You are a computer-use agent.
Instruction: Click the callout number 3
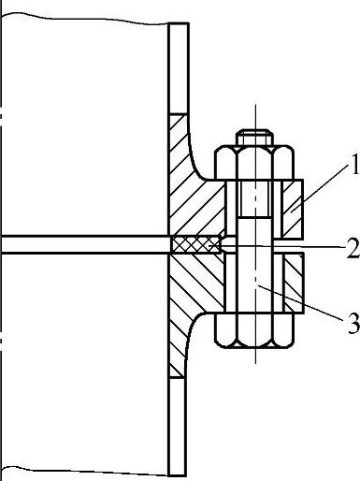coord(353,324)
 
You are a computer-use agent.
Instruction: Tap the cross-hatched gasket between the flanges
coord(196,244)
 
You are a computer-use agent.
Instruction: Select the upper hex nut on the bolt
coord(254,163)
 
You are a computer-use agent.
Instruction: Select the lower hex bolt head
coord(254,330)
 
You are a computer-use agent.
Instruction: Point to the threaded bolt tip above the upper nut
coord(254,138)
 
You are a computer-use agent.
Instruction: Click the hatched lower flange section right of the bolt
coord(293,284)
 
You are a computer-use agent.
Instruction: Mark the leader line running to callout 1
coord(320,189)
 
